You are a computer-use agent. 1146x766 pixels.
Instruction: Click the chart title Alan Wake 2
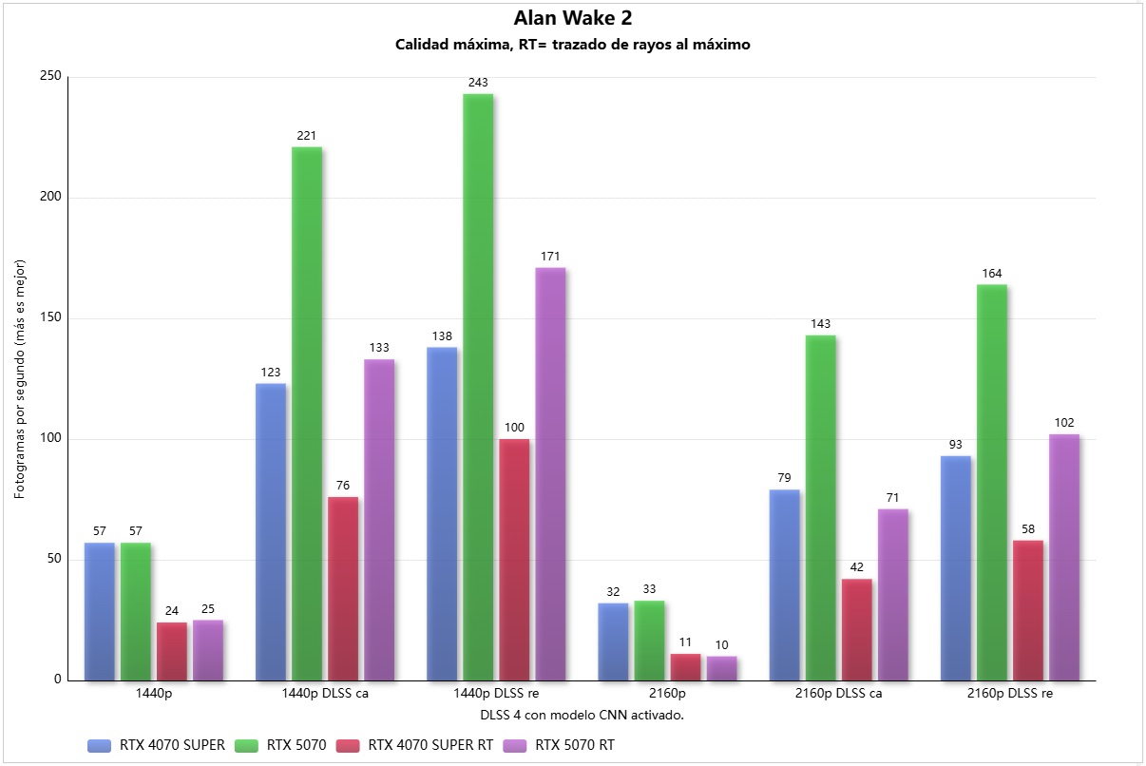(573, 18)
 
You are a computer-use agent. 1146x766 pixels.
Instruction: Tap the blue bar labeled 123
(271, 531)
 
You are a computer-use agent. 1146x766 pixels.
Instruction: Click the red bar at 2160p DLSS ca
(856, 629)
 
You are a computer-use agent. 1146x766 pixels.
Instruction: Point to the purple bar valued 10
(721, 668)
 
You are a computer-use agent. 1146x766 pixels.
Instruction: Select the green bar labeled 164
(991, 482)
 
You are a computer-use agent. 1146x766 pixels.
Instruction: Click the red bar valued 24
(172, 651)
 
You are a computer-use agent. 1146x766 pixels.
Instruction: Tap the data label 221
(307, 136)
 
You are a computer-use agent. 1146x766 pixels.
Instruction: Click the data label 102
(1063, 423)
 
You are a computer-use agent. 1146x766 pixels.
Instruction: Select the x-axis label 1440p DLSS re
(496, 694)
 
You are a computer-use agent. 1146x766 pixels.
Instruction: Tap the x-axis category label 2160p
(667, 694)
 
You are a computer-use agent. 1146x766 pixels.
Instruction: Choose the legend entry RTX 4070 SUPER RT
(430, 745)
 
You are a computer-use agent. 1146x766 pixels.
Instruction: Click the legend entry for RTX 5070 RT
(575, 745)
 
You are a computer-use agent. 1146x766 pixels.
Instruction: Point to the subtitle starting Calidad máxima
(573, 45)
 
